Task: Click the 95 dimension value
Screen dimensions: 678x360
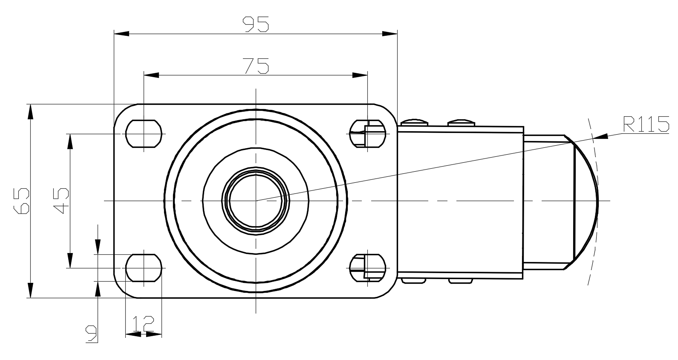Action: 256,24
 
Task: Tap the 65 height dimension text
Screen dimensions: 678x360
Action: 22,201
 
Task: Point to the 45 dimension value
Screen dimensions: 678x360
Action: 61,201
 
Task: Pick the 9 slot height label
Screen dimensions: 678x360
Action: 92,334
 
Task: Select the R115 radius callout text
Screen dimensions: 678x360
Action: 646,124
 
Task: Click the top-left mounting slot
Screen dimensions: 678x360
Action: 144,134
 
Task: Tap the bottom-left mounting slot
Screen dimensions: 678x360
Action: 144,268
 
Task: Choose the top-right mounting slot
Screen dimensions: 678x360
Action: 367,134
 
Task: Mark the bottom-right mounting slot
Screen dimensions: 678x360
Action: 367,268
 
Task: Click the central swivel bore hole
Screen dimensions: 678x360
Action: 256,201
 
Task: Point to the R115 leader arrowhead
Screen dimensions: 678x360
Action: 600,136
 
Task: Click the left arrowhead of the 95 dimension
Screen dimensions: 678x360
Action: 121,34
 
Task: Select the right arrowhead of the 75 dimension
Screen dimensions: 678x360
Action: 360,75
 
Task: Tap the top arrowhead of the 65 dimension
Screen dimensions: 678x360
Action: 30,112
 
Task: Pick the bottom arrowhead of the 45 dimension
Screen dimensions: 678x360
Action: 70,260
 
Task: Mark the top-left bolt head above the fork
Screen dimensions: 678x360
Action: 414,123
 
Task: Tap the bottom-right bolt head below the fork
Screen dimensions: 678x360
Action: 461,281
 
